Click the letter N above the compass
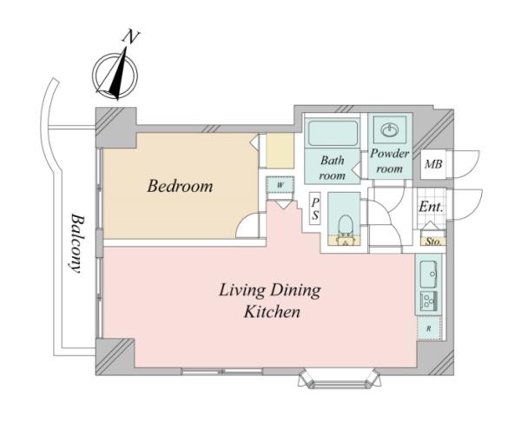131,36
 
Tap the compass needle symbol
119,74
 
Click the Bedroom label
180,186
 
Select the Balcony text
76,243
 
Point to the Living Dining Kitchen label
270,301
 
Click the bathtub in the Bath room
333,133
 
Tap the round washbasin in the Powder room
389,129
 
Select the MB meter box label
433,164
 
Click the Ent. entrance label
431,207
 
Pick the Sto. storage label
433,241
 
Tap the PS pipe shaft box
315,208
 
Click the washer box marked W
280,184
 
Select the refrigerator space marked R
429,328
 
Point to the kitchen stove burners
429,301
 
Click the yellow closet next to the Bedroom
280,151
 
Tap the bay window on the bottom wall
339,378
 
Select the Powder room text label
390,162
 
